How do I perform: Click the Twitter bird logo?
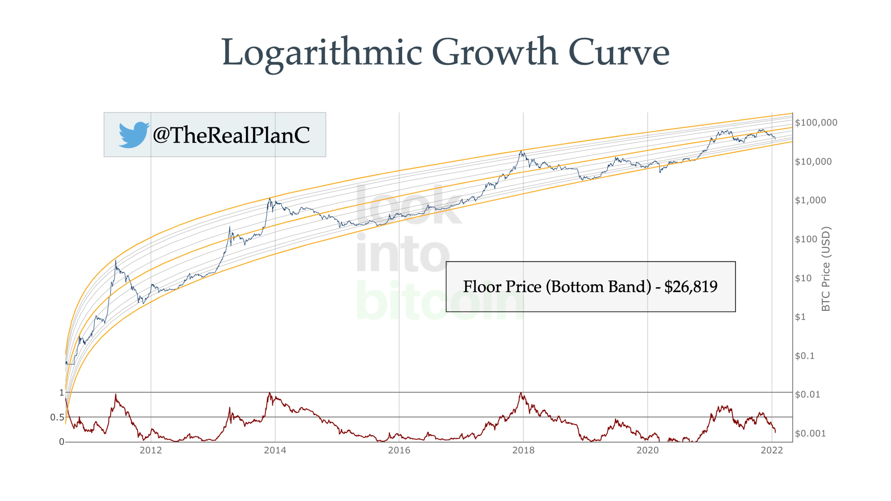[x=134, y=135]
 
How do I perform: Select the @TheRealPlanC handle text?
[x=231, y=135]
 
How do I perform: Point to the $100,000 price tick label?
[x=816, y=122]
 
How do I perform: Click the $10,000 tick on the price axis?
[x=813, y=162]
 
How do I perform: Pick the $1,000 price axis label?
[x=811, y=200]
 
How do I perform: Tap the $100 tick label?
[x=806, y=239]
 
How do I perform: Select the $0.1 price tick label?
[x=804, y=356]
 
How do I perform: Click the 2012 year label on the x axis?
[x=151, y=450]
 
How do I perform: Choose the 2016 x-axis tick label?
[x=399, y=450]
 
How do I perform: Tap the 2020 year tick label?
[x=648, y=450]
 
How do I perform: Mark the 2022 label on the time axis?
[x=772, y=450]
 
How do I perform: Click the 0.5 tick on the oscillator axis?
[x=57, y=417]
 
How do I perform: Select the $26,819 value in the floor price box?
[x=691, y=287]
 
